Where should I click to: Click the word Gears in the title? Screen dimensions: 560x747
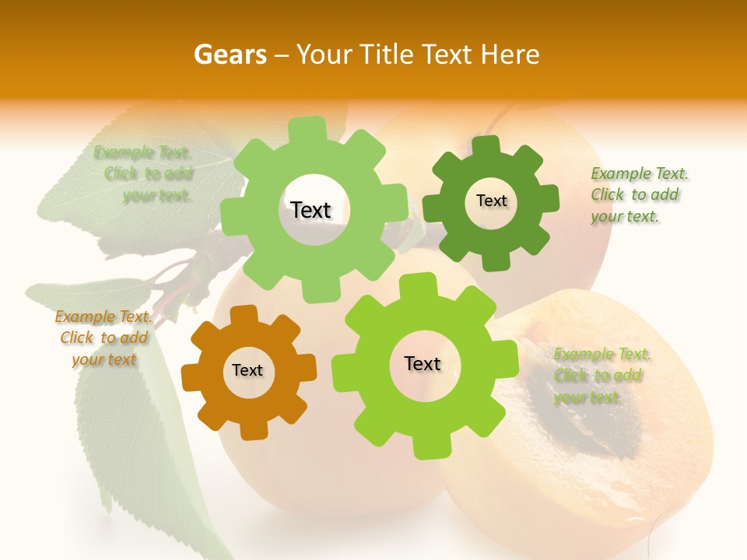coord(230,54)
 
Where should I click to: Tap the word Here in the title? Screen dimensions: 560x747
coord(511,54)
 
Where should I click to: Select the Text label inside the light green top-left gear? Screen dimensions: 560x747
coord(310,210)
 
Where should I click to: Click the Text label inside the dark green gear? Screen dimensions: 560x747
coord(491,201)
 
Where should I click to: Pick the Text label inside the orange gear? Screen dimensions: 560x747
coord(247,370)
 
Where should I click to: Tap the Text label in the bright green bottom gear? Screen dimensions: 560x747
coord(423,363)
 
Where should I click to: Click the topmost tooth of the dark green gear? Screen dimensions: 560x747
coord(486,145)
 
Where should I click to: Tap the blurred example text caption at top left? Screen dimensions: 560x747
coord(148,174)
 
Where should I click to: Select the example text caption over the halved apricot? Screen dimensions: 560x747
coord(601,376)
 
